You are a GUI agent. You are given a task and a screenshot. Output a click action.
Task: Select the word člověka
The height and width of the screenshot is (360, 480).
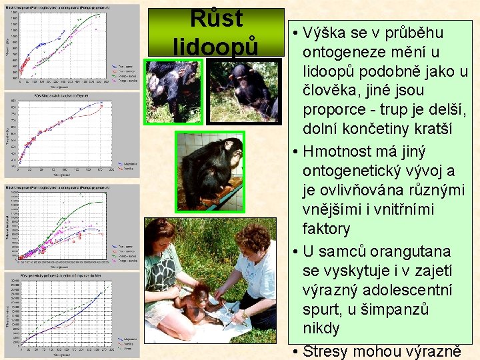[329, 90]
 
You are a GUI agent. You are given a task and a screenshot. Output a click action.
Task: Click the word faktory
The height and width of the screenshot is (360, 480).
[327, 229]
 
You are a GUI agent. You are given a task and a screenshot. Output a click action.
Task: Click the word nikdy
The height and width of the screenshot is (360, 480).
[321, 329]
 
